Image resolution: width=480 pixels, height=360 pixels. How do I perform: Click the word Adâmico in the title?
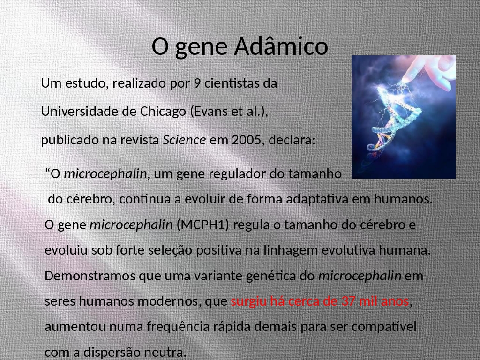(x=281, y=46)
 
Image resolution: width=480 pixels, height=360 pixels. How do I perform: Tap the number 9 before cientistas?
(x=197, y=83)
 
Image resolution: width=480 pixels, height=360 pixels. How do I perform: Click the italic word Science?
(x=184, y=140)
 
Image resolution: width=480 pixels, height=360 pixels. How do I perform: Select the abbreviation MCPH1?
(x=203, y=225)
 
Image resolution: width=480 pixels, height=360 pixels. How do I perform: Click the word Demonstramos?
(x=90, y=276)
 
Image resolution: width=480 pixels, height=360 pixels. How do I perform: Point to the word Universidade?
(x=80, y=112)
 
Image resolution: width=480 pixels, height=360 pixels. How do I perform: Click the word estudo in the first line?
(x=85, y=83)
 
